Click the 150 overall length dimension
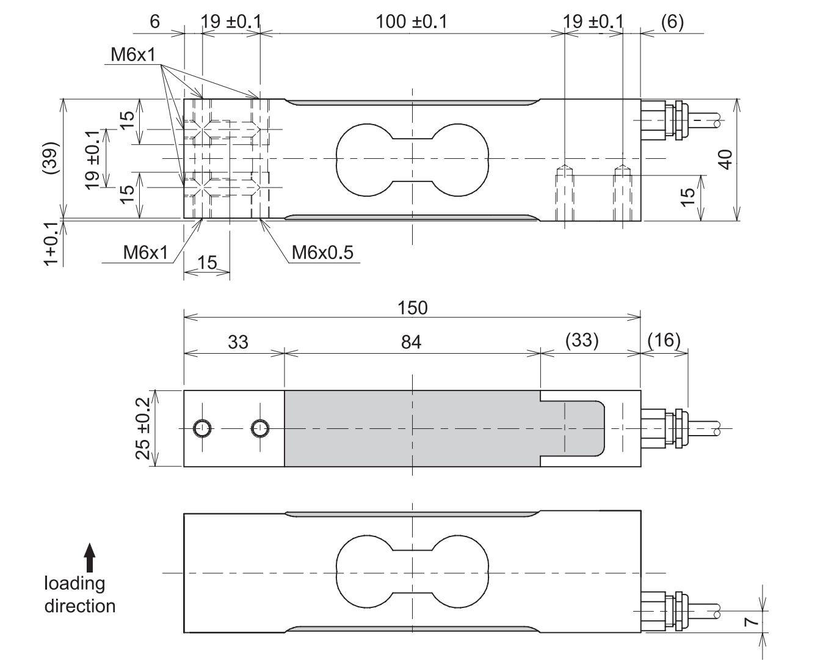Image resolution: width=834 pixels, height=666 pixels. coord(412,307)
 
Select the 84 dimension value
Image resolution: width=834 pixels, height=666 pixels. coord(411,342)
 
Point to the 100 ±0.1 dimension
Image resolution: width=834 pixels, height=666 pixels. coord(411,21)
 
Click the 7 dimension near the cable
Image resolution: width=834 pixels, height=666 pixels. coord(752,621)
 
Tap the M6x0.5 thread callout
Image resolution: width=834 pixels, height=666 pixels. coord(322,252)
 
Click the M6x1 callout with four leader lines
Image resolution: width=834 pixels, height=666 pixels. coord(133,55)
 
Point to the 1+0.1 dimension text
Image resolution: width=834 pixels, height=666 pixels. coord(52,243)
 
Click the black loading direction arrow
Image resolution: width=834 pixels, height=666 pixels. coord(90,558)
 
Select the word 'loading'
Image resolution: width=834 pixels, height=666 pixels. coord(74,584)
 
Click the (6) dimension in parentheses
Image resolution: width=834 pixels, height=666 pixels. coord(672,21)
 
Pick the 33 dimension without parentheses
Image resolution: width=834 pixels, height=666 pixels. coord(238,342)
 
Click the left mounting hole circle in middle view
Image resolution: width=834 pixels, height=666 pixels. coord(202,428)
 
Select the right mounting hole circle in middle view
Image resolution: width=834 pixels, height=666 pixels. coord(261,428)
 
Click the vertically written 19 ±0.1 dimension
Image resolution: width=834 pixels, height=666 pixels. coord(92,159)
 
